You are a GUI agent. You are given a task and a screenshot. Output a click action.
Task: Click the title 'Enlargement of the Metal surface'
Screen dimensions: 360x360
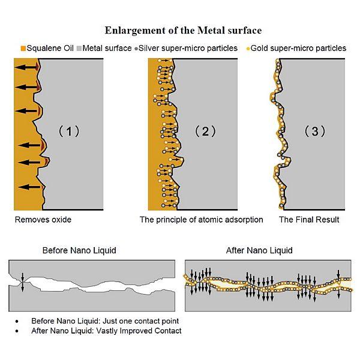point(183,30)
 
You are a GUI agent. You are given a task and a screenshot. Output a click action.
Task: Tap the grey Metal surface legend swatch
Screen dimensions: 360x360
point(77,48)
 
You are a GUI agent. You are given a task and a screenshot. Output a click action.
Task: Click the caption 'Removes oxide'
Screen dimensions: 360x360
point(43,220)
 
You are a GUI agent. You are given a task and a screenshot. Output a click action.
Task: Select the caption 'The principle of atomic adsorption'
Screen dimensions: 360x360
point(201,220)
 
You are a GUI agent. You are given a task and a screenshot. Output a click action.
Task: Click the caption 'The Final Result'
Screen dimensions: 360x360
point(309,220)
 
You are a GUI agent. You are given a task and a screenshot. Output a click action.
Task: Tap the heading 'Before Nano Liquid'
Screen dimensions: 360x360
point(79,250)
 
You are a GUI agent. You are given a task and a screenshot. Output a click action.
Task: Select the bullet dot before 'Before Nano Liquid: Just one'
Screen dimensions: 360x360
point(18,322)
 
